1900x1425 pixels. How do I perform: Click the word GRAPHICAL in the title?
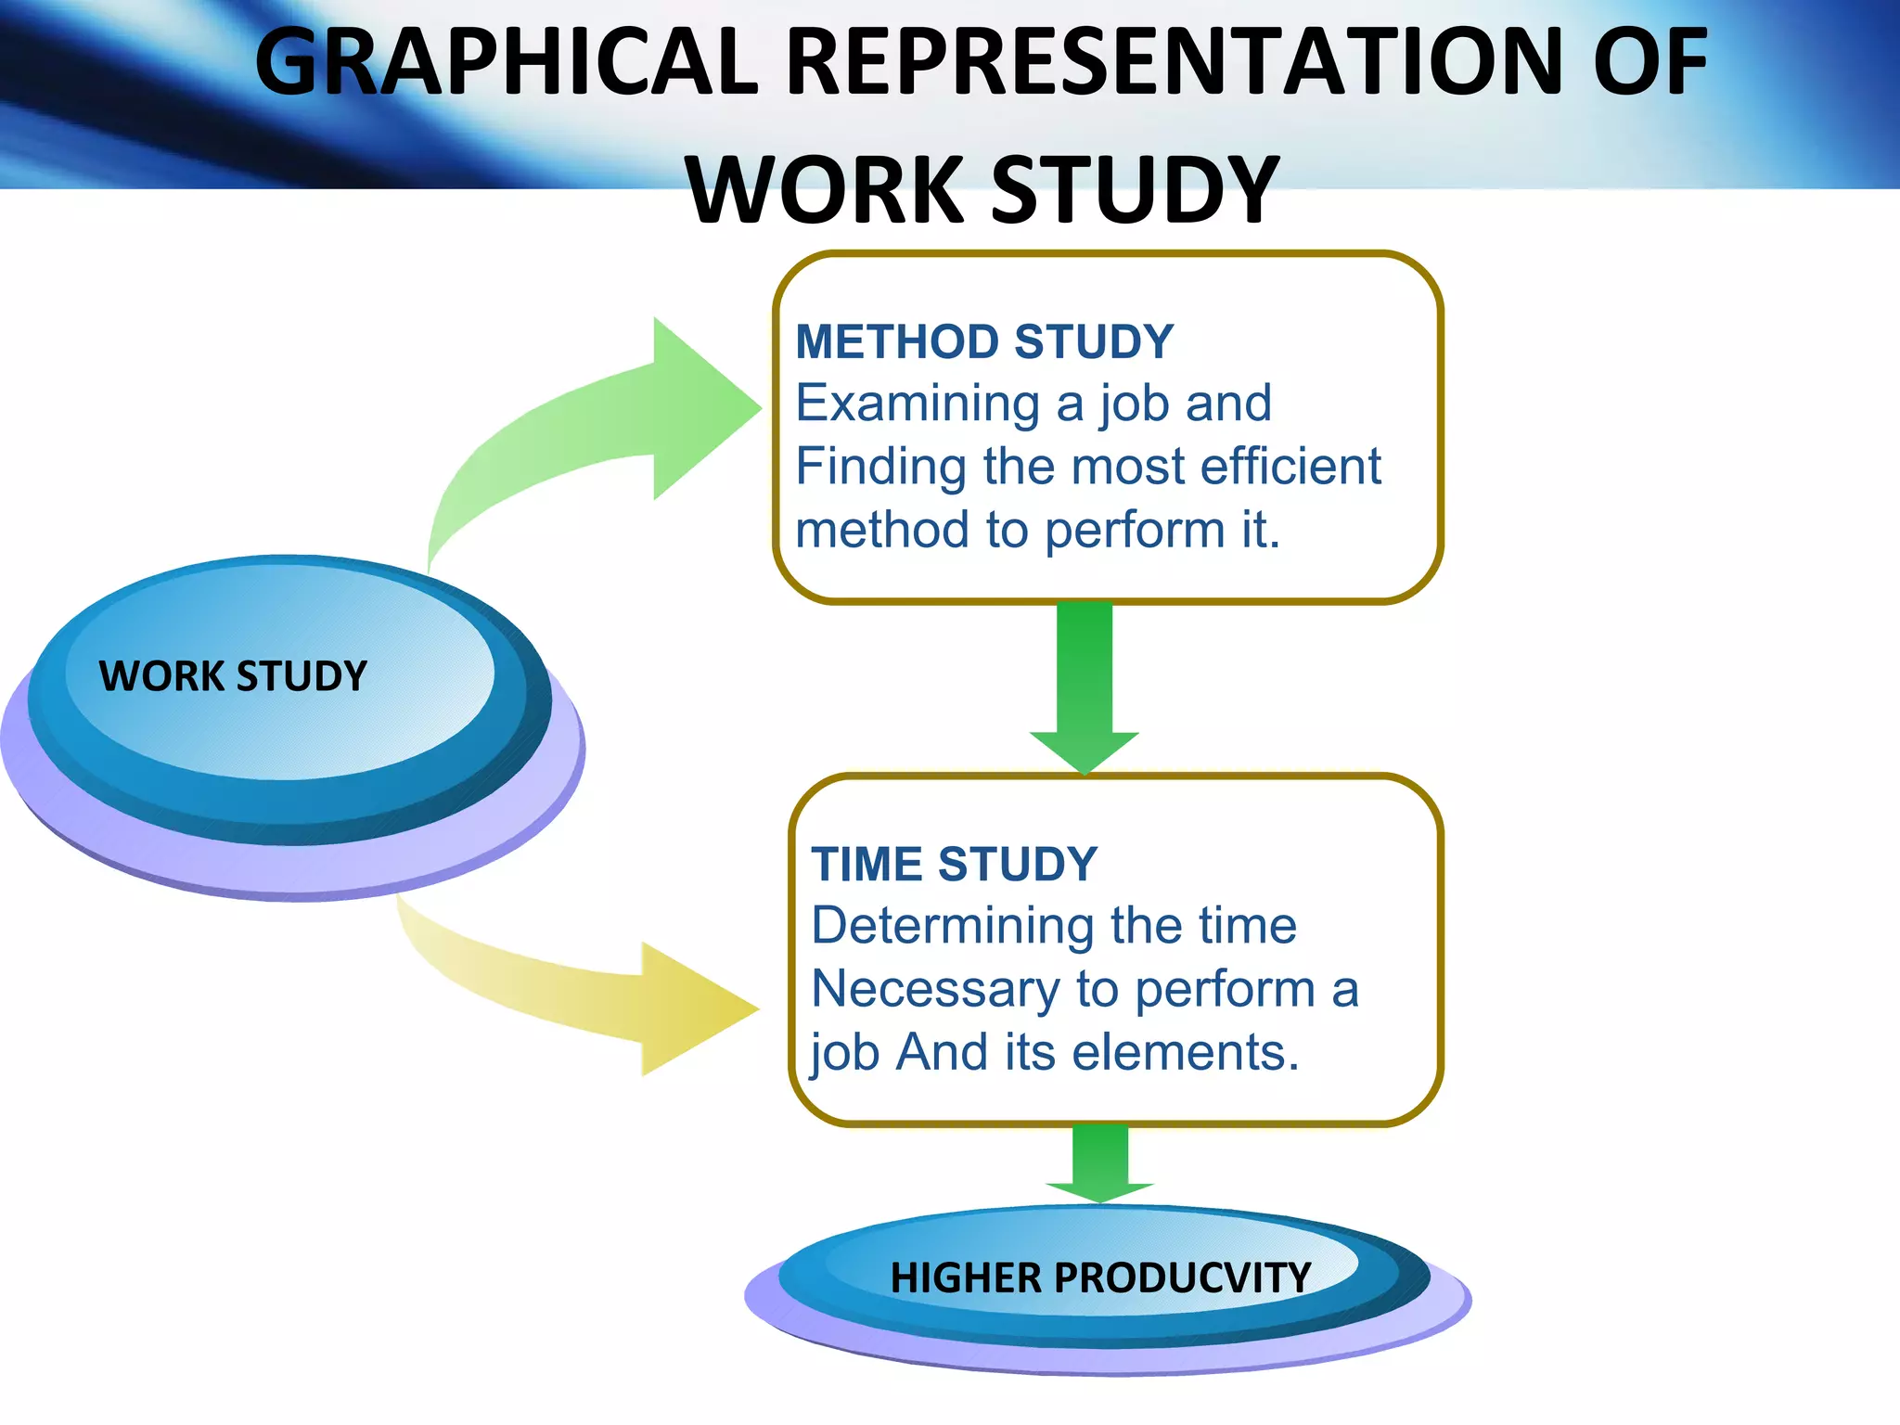point(507,63)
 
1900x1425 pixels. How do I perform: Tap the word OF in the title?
point(1650,63)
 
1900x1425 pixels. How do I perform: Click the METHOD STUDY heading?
point(984,341)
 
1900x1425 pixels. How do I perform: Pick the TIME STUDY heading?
point(954,864)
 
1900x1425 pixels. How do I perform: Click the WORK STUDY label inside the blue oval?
point(233,675)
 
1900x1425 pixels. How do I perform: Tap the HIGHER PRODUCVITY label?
point(1100,1277)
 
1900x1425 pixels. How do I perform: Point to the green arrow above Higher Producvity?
point(1100,1164)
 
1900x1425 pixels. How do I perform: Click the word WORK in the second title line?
point(826,190)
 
